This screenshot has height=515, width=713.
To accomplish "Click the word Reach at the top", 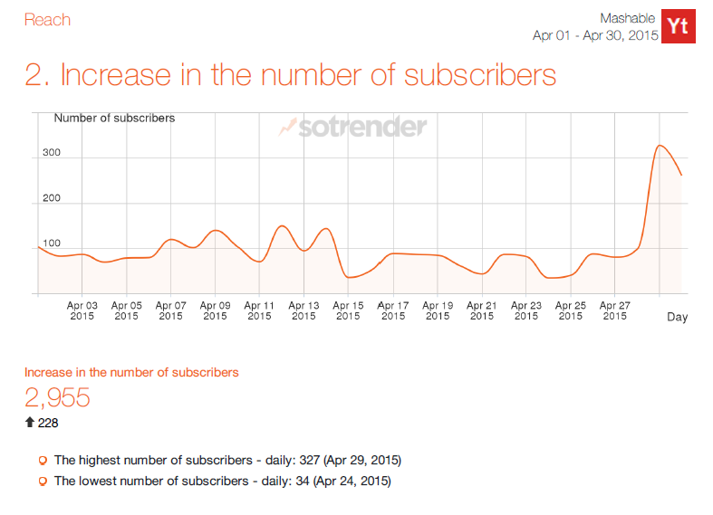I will [47, 20].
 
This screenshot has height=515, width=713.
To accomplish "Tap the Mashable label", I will [627, 18].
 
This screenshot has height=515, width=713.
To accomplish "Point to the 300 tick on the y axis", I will [51, 153].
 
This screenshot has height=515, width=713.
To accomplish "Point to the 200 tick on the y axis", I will [51, 198].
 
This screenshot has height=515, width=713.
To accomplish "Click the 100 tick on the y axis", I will [51, 243].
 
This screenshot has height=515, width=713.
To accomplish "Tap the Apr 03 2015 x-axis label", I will [82, 310].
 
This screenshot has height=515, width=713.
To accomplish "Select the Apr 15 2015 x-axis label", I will [349, 310].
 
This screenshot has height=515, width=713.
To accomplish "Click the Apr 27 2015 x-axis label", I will [615, 310].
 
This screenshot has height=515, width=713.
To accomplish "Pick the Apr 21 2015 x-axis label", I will [482, 310].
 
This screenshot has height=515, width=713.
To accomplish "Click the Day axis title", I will [677, 317].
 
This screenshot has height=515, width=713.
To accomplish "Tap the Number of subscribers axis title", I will [114, 118].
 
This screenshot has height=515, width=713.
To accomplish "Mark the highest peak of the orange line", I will [660, 146].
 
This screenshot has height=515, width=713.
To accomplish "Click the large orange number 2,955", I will [57, 397].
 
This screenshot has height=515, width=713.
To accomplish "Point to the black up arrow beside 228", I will [29, 423].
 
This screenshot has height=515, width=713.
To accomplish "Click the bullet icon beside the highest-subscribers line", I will [42, 461].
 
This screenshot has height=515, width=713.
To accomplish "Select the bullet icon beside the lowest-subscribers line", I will [42, 482].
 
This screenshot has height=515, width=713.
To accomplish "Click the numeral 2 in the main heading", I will [35, 75].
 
